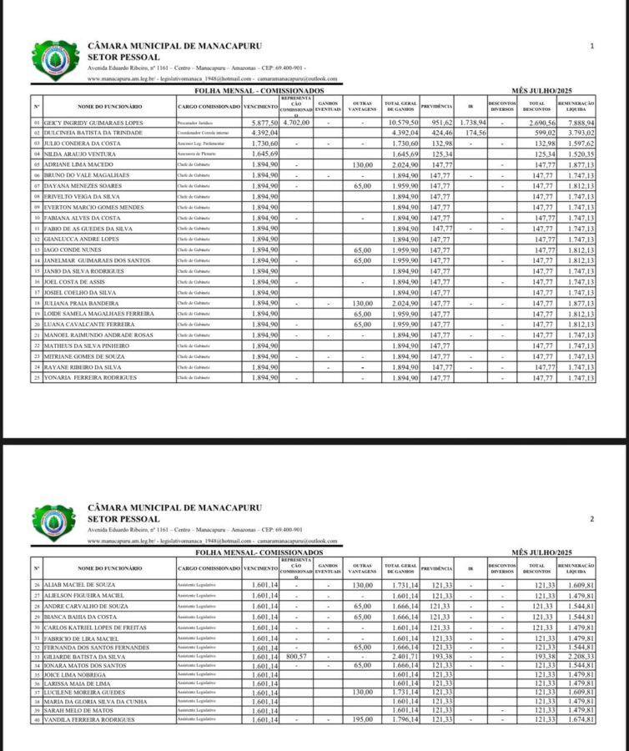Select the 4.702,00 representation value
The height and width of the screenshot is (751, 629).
pos(296,123)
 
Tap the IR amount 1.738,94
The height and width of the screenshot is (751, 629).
pos(472,123)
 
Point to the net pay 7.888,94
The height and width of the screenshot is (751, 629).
pos(578,123)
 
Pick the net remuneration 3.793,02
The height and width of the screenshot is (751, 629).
pos(578,133)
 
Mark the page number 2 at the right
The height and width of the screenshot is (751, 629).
pos(591,519)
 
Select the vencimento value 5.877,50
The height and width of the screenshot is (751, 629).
pos(260,123)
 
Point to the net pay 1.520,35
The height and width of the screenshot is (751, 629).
pos(578,154)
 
